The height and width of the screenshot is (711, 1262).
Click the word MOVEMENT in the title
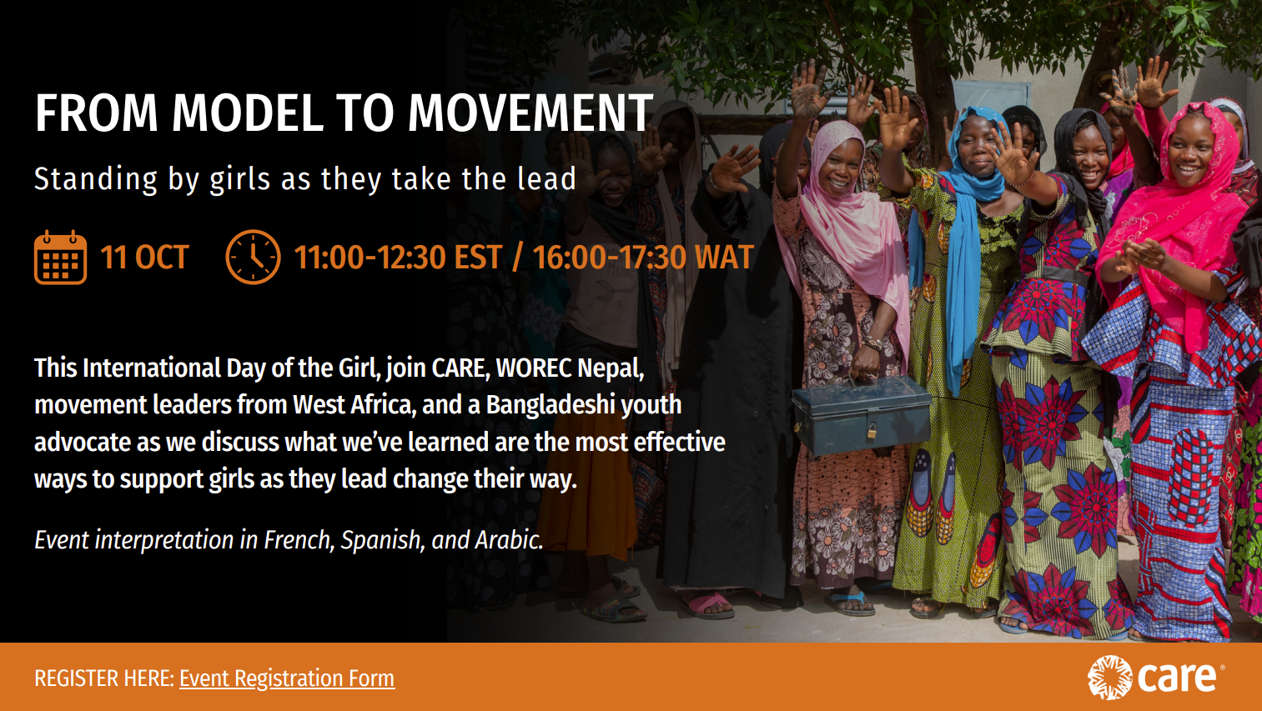coord(530,113)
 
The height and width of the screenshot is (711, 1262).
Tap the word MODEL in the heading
coord(248,113)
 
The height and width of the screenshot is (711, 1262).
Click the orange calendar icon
coord(60,258)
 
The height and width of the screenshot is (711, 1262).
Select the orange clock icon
coord(253,257)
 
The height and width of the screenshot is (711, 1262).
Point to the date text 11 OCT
coord(144,258)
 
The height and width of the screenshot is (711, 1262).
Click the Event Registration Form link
coord(287,678)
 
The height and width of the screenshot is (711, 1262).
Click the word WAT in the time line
coord(724,258)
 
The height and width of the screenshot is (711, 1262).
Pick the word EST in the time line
coord(478,258)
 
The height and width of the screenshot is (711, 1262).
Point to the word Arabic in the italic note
coord(510,540)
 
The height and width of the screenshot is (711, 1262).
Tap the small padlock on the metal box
coord(871,431)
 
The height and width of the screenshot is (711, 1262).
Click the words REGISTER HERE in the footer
coord(105,678)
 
